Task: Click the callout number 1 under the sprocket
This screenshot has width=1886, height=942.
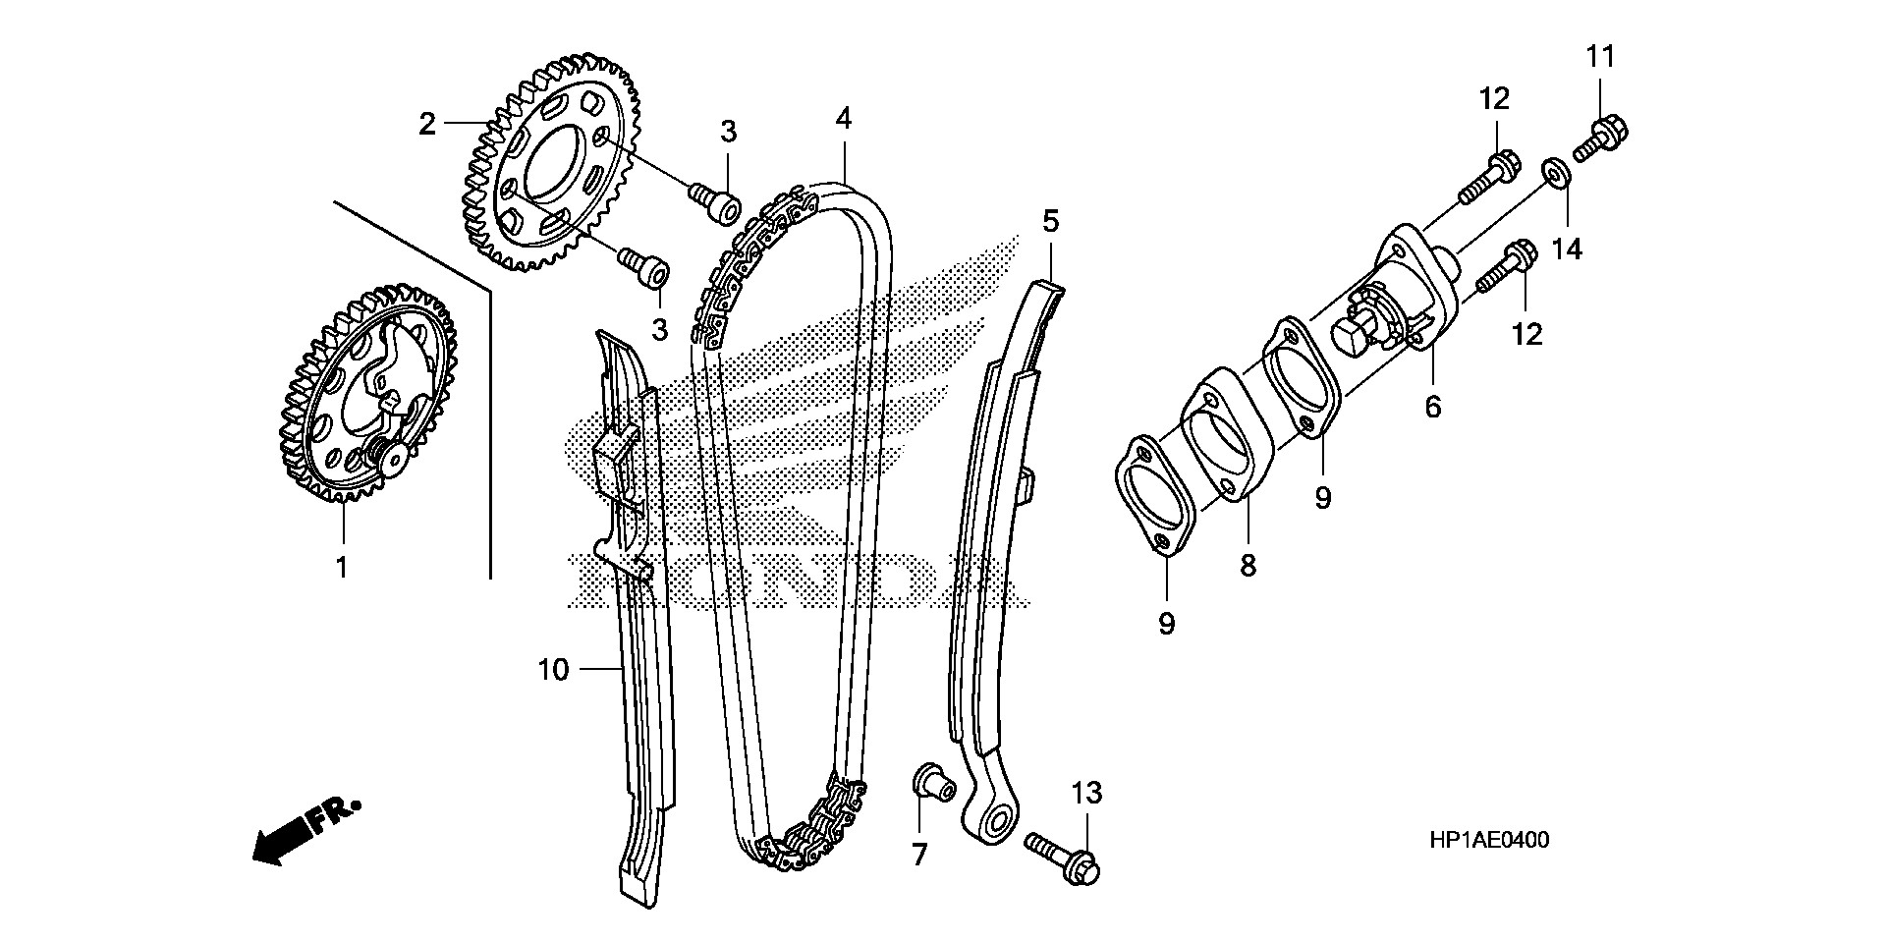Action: pyautogui.click(x=342, y=567)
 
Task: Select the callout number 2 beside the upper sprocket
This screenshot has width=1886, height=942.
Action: pyautogui.click(x=426, y=125)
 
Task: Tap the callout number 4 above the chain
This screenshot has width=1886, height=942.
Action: pyautogui.click(x=844, y=119)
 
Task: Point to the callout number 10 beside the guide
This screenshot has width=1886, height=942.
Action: pyautogui.click(x=553, y=670)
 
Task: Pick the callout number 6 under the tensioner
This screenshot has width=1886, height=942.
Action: pyautogui.click(x=1433, y=405)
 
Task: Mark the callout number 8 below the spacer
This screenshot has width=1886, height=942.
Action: pyautogui.click(x=1248, y=566)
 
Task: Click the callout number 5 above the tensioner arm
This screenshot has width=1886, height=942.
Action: pyautogui.click(x=1051, y=222)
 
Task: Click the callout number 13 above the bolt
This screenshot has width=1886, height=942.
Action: pyautogui.click(x=1086, y=793)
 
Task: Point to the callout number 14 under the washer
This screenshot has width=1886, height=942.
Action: pyautogui.click(x=1567, y=249)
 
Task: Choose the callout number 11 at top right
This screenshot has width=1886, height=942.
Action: pyautogui.click(x=1601, y=57)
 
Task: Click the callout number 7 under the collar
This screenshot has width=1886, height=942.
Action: pyautogui.click(x=919, y=856)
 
